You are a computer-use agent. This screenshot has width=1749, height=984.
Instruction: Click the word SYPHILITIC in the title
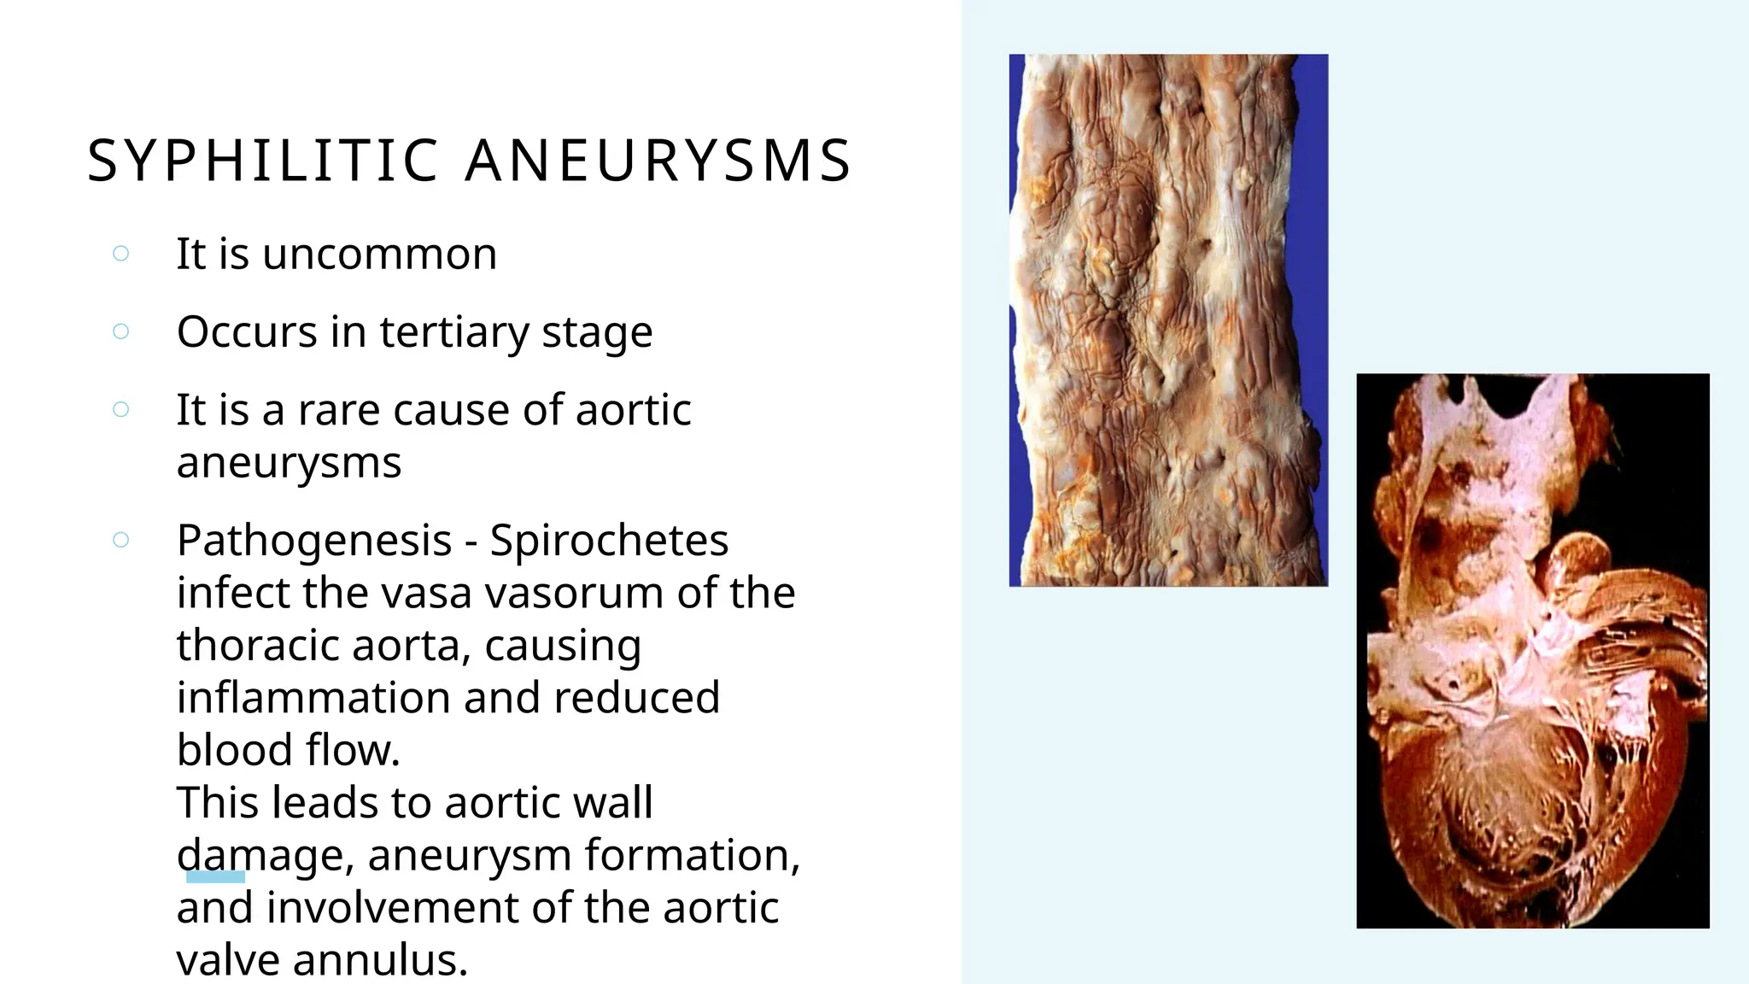pyautogui.click(x=263, y=161)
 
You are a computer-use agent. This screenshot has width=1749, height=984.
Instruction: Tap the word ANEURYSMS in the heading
pyautogui.click(x=658, y=161)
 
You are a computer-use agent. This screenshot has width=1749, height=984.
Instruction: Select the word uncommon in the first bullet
pyautogui.click(x=379, y=254)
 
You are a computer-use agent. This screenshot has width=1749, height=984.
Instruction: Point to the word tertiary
pyautogui.click(x=454, y=332)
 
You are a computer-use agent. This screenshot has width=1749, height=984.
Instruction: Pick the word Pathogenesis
pyautogui.click(x=314, y=541)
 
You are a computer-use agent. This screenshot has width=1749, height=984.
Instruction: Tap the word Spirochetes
pyautogui.click(x=609, y=541)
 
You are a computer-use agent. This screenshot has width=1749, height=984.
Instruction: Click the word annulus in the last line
pyautogui.click(x=381, y=960)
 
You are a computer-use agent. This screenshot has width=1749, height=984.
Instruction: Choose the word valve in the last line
pyautogui.click(x=228, y=960)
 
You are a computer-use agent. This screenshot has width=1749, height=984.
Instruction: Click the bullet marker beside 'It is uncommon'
pyautogui.click(x=121, y=254)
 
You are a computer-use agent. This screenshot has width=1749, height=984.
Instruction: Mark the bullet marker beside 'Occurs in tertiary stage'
pyautogui.click(x=121, y=331)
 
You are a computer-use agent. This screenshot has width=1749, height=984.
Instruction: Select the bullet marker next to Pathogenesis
pyautogui.click(x=121, y=540)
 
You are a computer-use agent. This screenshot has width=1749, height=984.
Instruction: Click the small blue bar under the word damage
pyautogui.click(x=215, y=876)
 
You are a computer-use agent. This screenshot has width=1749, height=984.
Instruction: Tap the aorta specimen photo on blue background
pyautogui.click(x=1168, y=320)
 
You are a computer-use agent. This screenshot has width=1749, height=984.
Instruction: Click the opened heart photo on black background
pyautogui.click(x=1533, y=651)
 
